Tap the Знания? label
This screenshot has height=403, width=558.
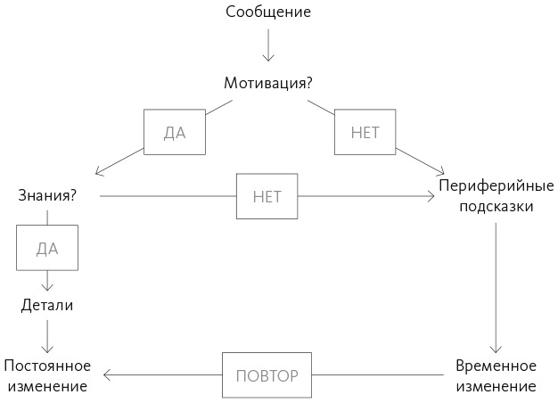coord(46,193)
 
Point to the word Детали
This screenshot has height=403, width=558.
coord(46,305)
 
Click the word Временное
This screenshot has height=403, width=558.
coord(496,366)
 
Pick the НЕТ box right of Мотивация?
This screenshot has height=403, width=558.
coord(365,133)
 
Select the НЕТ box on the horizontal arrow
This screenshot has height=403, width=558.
coord(267,196)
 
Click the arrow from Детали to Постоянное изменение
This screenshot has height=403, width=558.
coord(47,336)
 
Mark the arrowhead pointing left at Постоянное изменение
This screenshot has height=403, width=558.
coord(104,374)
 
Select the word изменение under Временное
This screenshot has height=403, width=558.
coord(496,387)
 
